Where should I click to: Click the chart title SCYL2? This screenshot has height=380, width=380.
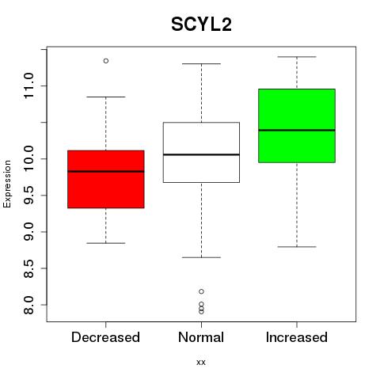pyautogui.click(x=201, y=25)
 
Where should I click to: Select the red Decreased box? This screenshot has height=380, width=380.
pyautogui.click(x=106, y=179)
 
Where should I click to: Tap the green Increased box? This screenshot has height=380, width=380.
pyautogui.click(x=297, y=126)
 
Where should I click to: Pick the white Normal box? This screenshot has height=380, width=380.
pyautogui.click(x=201, y=152)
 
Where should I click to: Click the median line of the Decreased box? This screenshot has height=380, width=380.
pyautogui.click(x=106, y=172)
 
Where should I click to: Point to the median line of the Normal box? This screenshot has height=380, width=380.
pyautogui.click(x=201, y=154)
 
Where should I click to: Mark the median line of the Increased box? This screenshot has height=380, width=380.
pyautogui.click(x=297, y=130)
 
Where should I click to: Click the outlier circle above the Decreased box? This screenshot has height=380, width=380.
pyautogui.click(x=106, y=61)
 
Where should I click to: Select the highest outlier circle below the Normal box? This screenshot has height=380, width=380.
pyautogui.click(x=201, y=291)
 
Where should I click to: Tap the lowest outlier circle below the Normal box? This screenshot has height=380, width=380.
pyautogui.click(x=201, y=312)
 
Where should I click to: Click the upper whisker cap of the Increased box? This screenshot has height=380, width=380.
pyautogui.click(x=297, y=57)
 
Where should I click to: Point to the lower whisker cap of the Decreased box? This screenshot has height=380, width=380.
pyautogui.click(x=106, y=243)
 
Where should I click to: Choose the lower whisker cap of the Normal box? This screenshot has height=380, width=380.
pyautogui.click(x=201, y=257)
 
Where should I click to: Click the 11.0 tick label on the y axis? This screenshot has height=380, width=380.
pyautogui.click(x=28, y=85)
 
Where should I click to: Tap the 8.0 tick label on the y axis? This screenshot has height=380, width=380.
pyautogui.click(x=28, y=305)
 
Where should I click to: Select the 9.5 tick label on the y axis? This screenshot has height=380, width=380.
pyautogui.click(x=28, y=196)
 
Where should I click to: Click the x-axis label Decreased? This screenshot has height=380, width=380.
pyautogui.click(x=105, y=337)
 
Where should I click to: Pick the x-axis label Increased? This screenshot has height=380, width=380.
pyautogui.click(x=297, y=337)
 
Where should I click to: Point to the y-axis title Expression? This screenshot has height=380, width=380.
pyautogui.click(x=7, y=184)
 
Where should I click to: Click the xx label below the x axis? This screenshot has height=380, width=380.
pyautogui.click(x=201, y=363)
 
